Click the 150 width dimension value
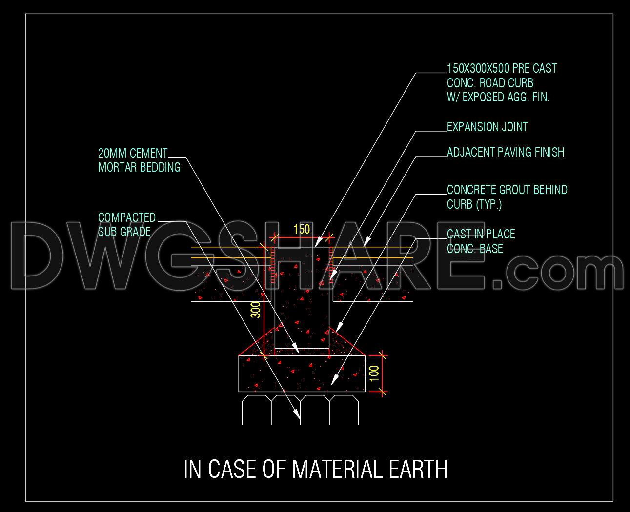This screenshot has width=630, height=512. (302, 230)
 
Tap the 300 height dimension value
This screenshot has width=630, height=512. (256, 310)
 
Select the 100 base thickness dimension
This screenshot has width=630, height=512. (374, 373)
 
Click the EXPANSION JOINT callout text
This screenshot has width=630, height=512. (487, 127)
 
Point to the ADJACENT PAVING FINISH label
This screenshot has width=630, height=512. (506, 153)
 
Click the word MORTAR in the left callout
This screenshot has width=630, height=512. (117, 168)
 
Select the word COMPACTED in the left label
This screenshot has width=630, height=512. (127, 218)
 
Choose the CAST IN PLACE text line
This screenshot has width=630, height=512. (481, 234)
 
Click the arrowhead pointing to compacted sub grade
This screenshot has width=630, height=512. (297, 414)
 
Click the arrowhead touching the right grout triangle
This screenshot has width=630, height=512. (339, 327)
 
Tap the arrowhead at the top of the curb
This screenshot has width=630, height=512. (319, 241)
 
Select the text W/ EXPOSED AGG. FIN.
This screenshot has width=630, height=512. (498, 98)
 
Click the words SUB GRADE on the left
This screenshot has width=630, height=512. (124, 232)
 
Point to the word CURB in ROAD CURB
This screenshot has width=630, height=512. (520, 83)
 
